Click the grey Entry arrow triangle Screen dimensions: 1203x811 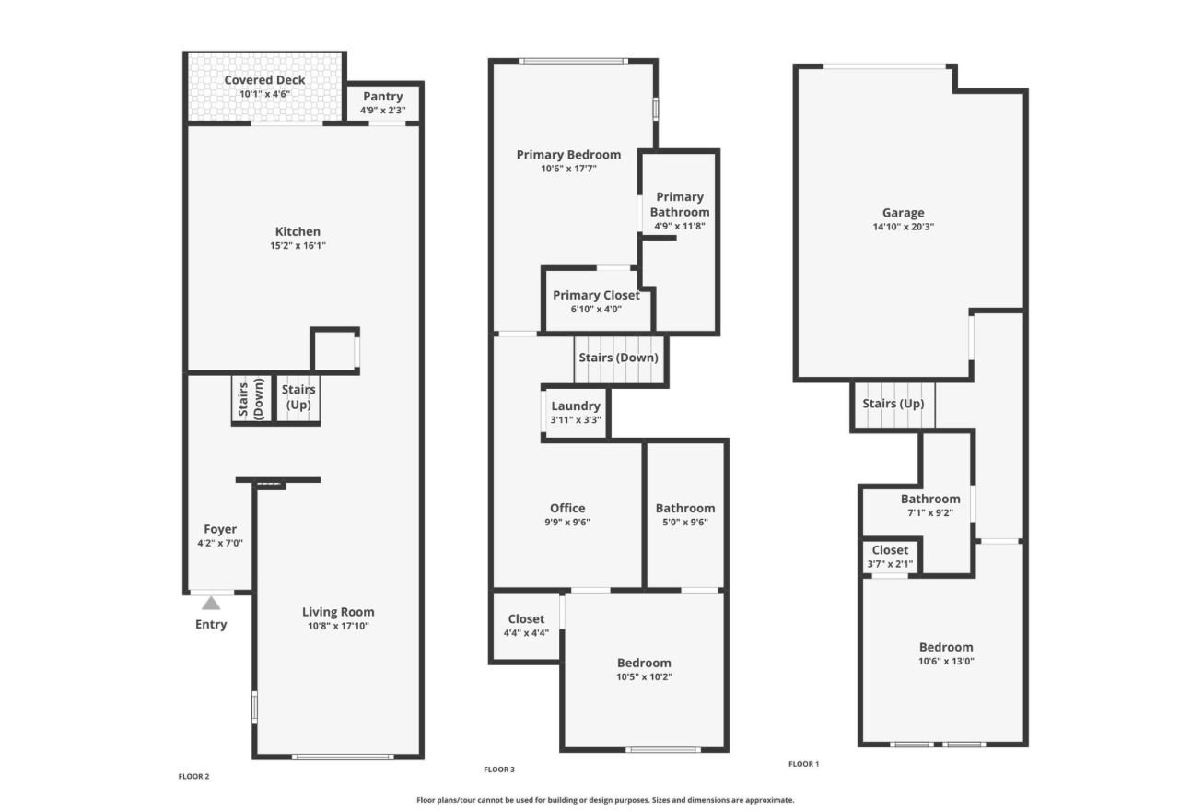pos(211,604)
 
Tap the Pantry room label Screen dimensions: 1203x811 pos(382,96)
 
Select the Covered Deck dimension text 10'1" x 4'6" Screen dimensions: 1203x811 pos(264,94)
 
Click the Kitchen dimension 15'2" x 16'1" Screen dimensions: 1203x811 pos(298,246)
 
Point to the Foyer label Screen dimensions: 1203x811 pos(220,529)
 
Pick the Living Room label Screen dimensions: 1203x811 pos(338,612)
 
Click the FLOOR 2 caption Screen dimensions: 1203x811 pos(193,776)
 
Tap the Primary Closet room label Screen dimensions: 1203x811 pos(596,295)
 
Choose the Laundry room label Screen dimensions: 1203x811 pos(576,405)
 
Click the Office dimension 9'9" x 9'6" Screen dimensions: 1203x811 pos(567,522)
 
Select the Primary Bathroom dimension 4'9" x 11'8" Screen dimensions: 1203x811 pos(680,227)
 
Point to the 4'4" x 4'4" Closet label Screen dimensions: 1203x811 pos(526,619)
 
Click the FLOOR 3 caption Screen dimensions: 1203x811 pos(499,770)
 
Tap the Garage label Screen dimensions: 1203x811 pos(904,213)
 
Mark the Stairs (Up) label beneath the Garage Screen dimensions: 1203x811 pos(893,404)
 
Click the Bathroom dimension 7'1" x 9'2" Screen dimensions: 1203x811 pos(930,512)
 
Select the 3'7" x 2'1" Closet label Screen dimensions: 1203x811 pos(890,550)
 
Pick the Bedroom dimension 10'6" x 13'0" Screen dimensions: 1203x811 pos(946,661)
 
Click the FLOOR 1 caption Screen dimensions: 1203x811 pos(804,764)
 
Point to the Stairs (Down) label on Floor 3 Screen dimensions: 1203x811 pos(618,358)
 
